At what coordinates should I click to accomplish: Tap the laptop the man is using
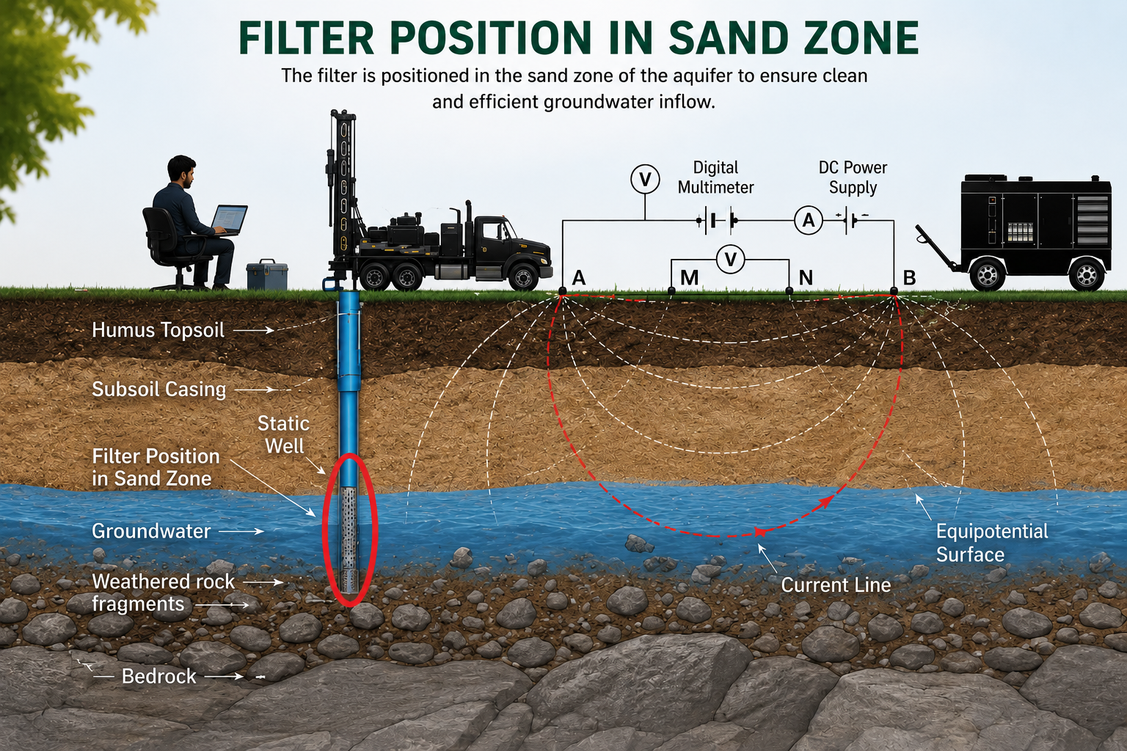[228, 219]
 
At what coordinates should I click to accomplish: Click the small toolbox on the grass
[268, 274]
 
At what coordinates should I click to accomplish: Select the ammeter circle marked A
[808, 220]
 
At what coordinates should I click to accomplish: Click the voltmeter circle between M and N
[730, 260]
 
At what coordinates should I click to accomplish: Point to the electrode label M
[689, 278]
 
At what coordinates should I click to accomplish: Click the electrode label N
[806, 278]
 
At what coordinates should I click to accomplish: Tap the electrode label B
[909, 278]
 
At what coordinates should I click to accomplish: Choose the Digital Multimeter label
[715, 177]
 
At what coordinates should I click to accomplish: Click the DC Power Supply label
[853, 177]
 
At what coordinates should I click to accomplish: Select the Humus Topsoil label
[158, 331]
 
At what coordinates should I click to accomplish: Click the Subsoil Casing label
[159, 390]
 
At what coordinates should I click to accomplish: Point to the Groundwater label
[151, 531]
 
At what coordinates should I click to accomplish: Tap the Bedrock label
[159, 676]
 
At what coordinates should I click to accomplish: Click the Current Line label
[836, 585]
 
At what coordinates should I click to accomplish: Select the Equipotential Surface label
[992, 543]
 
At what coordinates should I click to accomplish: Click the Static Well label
[284, 435]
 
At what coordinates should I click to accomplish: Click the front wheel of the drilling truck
[523, 278]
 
